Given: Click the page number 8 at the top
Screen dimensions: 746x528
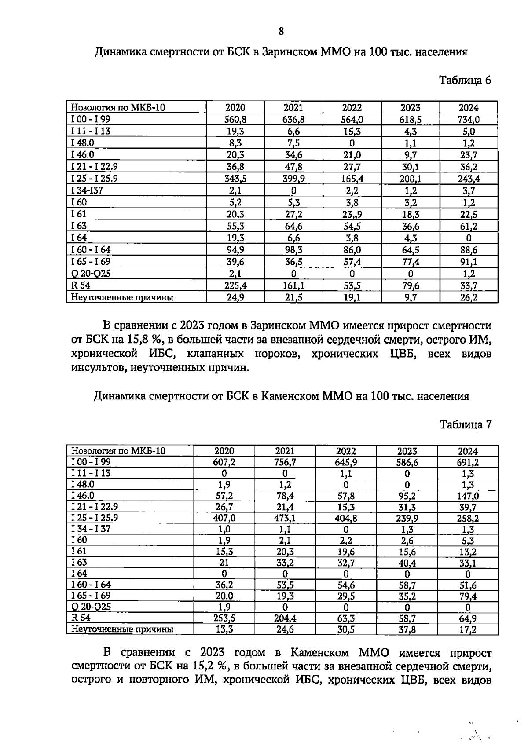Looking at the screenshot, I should [x=281, y=31].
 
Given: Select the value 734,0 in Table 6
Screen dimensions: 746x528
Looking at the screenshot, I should [x=469, y=120].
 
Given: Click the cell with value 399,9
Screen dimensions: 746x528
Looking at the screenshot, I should [x=293, y=179].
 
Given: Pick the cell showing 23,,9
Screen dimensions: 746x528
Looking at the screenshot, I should [x=352, y=214].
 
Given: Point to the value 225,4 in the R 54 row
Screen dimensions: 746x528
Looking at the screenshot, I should [x=235, y=285].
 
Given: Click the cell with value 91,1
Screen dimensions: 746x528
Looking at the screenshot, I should [x=469, y=262].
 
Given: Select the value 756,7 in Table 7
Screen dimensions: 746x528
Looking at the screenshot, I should [x=285, y=462].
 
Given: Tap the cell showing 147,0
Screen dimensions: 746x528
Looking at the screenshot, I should [x=468, y=496].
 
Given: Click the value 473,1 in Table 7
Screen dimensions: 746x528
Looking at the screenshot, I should [x=285, y=518].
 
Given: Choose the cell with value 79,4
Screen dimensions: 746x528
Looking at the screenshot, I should [x=468, y=596].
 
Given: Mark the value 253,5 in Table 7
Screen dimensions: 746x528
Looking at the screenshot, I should [x=224, y=618].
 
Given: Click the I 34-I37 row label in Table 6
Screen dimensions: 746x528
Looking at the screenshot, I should [x=87, y=190].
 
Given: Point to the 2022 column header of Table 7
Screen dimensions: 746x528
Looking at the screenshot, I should [x=346, y=451].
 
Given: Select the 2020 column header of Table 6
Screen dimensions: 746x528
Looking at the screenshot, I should [x=235, y=108].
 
